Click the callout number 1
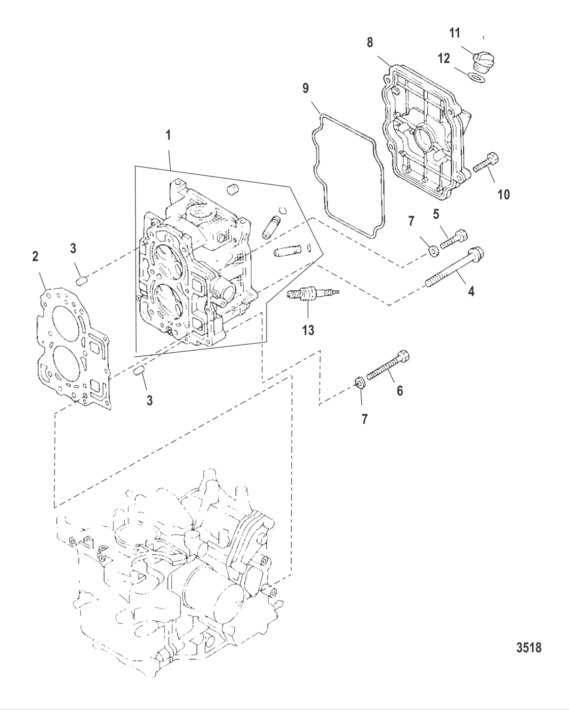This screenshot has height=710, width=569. click(168, 136)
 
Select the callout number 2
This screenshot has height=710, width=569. click(35, 256)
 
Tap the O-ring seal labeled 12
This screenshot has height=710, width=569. click(473, 78)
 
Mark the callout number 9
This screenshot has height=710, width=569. click(305, 88)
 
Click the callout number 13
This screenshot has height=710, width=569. click(308, 330)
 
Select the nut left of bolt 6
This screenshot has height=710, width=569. click(358, 382)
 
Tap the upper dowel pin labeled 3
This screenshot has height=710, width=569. click(82, 279)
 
